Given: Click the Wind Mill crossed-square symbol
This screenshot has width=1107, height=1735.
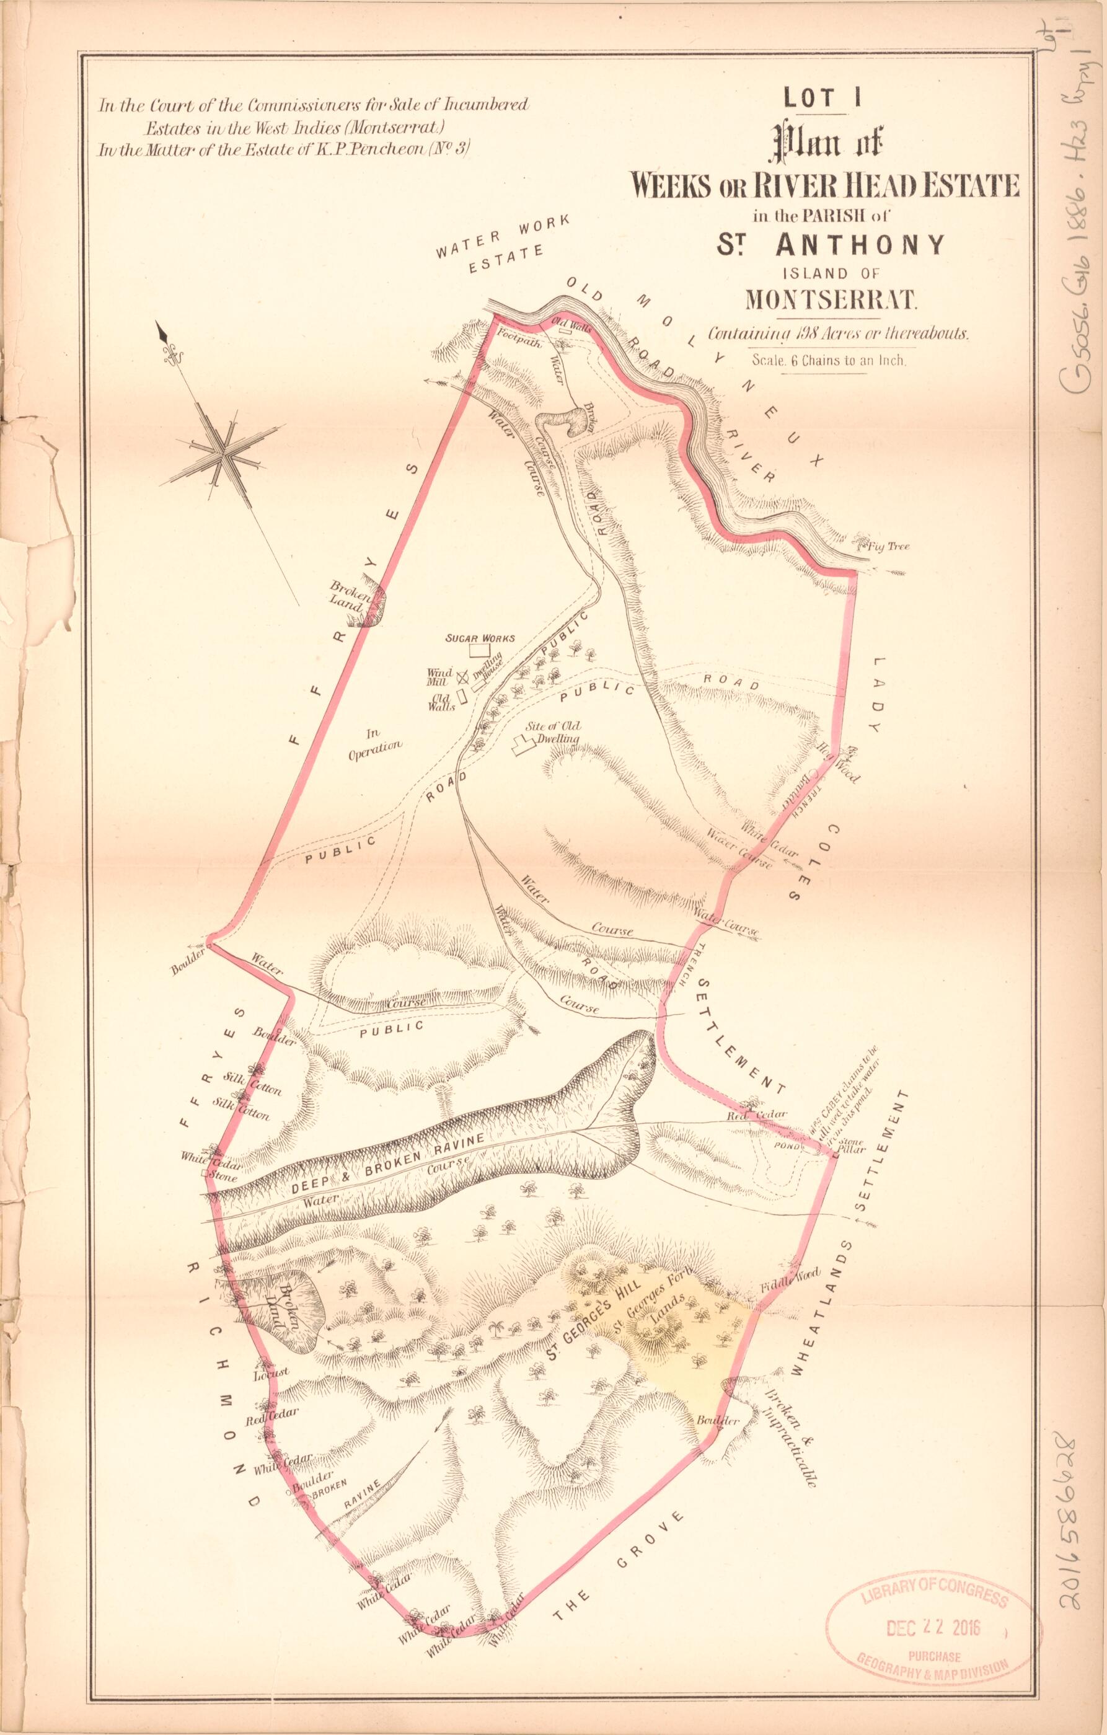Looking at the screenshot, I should click(462, 675).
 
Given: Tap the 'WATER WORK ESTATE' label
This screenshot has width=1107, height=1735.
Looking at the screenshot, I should click(503, 245).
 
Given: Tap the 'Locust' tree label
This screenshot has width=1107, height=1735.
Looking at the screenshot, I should click(271, 1371).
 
